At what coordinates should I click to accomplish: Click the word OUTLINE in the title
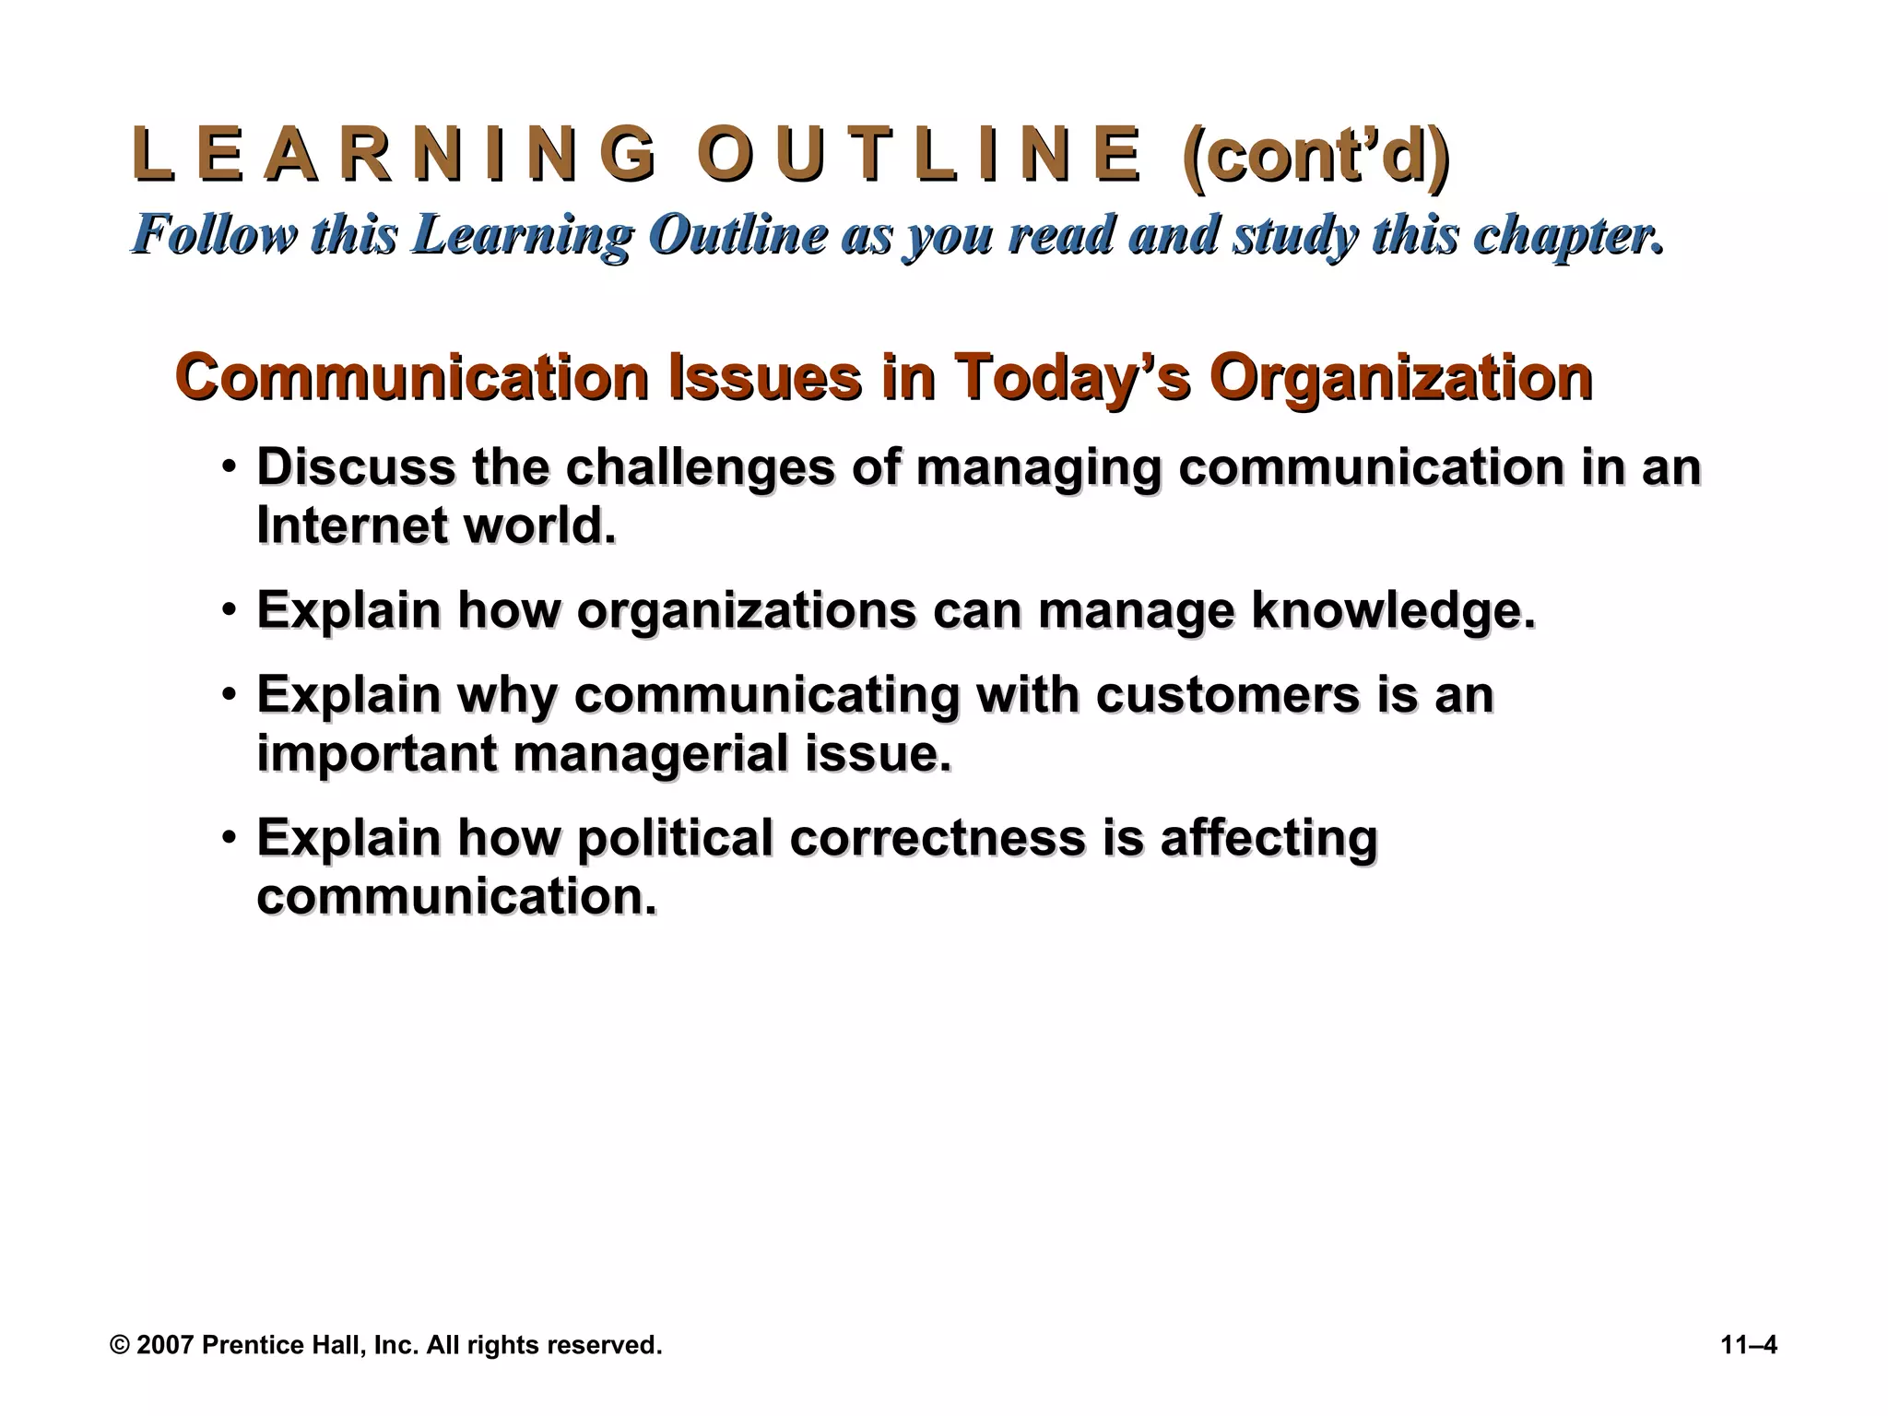click(x=918, y=155)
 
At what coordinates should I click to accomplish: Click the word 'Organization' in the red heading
click(x=1400, y=378)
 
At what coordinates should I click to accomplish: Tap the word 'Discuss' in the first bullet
click(x=355, y=467)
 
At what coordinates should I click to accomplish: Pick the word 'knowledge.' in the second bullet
click(x=1393, y=610)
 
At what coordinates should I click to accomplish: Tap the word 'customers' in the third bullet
click(x=1227, y=694)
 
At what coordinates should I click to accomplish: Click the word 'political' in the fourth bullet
click(x=675, y=838)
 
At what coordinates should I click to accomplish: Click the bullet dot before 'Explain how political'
click(x=229, y=839)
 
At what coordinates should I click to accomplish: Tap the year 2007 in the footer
click(x=165, y=1345)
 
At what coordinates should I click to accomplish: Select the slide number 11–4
click(x=1749, y=1345)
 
